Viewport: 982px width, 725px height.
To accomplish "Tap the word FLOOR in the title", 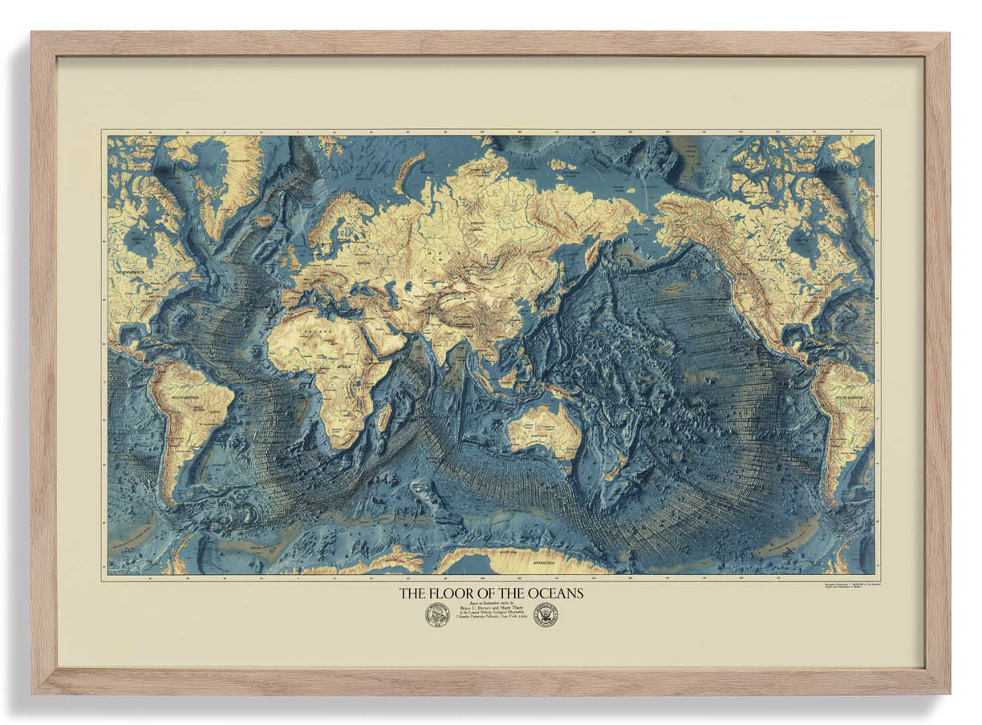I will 452,594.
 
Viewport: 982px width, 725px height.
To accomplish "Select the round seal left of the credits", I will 436,615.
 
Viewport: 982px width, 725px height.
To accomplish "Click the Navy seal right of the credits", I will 546,615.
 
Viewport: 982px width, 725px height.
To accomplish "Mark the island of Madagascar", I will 385,416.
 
